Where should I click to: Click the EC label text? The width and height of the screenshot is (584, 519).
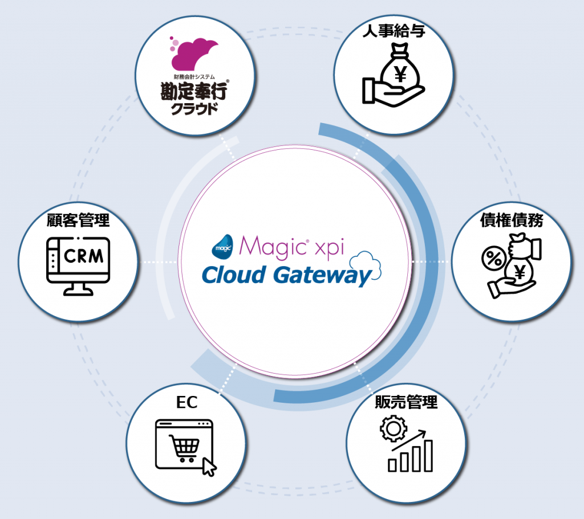[186, 402]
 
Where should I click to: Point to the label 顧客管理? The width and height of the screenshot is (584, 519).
[78, 220]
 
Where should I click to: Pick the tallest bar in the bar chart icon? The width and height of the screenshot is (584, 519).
[427, 455]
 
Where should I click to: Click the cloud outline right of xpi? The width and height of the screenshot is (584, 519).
[366, 264]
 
